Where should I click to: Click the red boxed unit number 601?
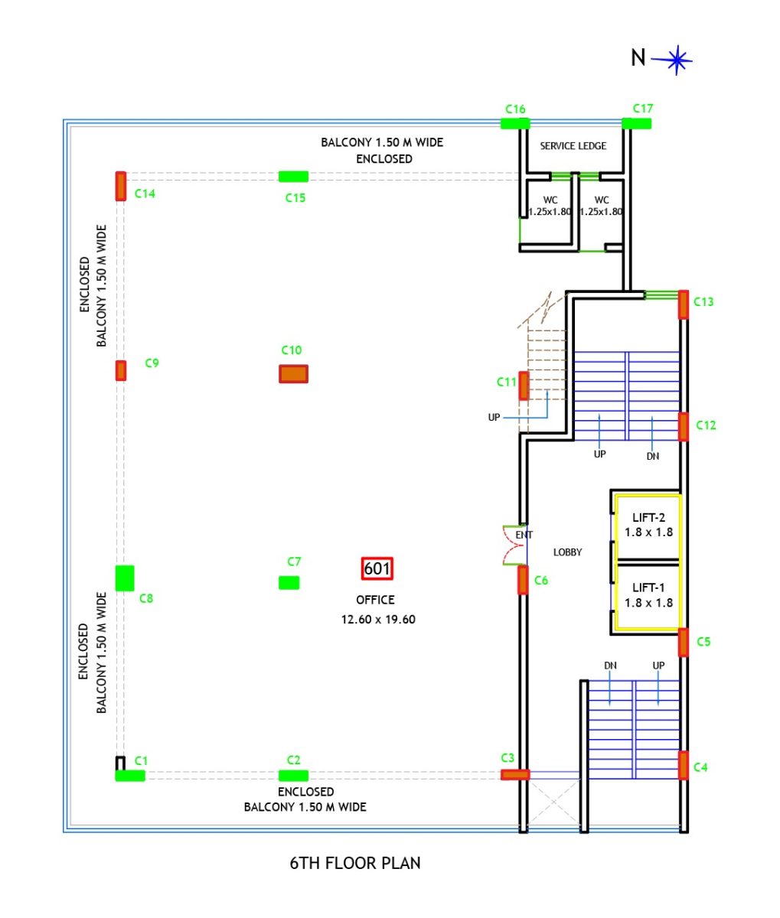[x=377, y=568]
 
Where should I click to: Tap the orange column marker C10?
[x=293, y=373]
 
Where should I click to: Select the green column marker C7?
[x=289, y=582]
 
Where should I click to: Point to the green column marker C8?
[x=125, y=578]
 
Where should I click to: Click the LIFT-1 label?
[x=648, y=588]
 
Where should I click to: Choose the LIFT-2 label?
[x=648, y=517]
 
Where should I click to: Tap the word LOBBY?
[x=567, y=552]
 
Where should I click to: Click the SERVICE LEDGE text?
[x=573, y=145]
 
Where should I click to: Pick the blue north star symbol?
[x=677, y=59]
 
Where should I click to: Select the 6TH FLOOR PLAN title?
[x=355, y=863]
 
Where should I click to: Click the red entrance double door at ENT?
[x=512, y=545]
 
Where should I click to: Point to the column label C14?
[x=145, y=194]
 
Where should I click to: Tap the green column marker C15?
[x=293, y=177]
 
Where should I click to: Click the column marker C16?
[x=515, y=123]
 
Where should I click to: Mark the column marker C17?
[x=636, y=123]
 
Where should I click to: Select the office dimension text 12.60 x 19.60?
[x=378, y=619]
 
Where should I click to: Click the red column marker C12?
[x=684, y=426]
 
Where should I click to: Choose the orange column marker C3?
[x=515, y=774]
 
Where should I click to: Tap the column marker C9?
[x=121, y=370]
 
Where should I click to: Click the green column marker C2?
[x=293, y=775]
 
